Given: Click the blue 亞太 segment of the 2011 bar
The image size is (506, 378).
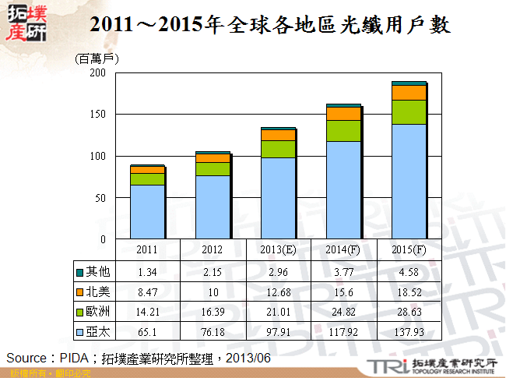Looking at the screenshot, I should (147, 211).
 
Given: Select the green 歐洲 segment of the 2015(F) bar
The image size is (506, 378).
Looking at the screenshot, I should (409, 112).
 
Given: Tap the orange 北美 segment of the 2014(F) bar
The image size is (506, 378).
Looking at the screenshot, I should (343, 114).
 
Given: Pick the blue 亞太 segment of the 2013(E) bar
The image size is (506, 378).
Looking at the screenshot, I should (278, 198).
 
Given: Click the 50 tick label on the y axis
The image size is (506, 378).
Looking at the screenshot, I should (100, 197).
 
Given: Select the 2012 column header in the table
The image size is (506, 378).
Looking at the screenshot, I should (213, 249).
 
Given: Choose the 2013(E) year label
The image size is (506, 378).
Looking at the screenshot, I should (278, 249).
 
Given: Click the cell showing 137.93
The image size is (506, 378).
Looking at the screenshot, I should (409, 332).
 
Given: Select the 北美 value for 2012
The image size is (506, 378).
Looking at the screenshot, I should (213, 291).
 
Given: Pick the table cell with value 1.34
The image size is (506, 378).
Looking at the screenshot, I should (147, 271).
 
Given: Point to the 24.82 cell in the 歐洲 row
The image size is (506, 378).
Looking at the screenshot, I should (343, 312).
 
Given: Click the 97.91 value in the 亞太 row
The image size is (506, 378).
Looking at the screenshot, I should (278, 332).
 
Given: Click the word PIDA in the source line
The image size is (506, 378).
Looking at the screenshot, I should (76, 357).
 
